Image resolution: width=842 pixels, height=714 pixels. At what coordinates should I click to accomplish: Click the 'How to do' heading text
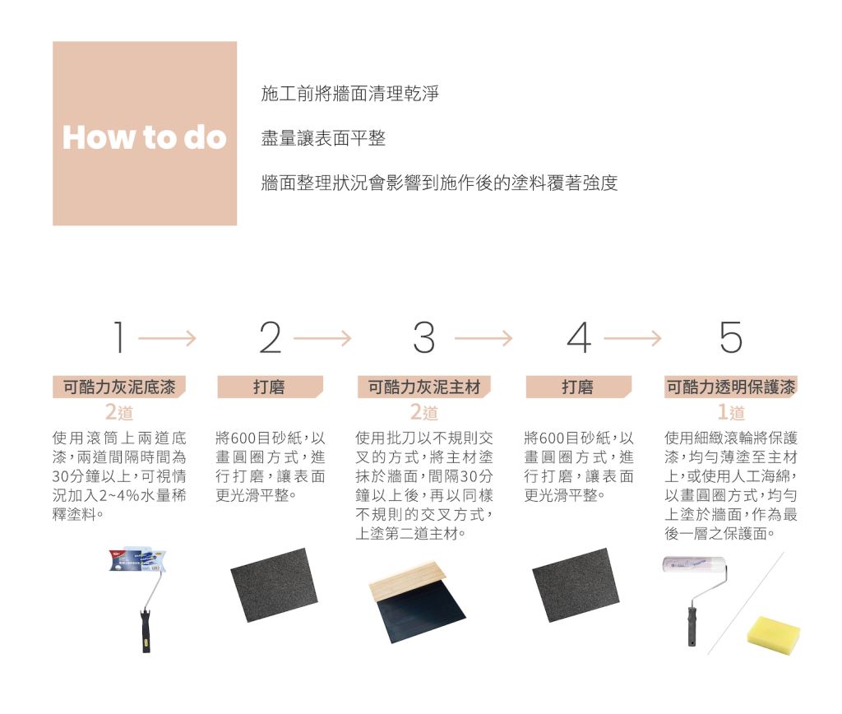click(x=145, y=137)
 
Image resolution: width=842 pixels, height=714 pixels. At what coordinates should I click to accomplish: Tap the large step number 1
click(x=119, y=337)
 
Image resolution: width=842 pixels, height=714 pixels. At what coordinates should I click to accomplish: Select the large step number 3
click(x=424, y=337)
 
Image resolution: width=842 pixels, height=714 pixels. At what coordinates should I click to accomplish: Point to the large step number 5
click(x=731, y=337)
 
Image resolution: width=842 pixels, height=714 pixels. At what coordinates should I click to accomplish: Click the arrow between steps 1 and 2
click(x=168, y=338)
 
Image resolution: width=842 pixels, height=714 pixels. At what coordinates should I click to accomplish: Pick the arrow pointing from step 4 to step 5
click(x=632, y=338)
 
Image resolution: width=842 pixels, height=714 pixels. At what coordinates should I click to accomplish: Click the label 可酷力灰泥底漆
click(x=119, y=387)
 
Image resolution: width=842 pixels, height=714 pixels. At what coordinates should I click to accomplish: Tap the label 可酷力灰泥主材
click(x=424, y=387)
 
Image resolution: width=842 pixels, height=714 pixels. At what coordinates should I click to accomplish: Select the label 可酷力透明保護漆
click(x=731, y=387)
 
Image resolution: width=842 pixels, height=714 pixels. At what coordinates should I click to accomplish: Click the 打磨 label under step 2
click(x=269, y=387)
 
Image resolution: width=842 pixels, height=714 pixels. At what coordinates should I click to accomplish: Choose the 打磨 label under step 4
click(x=578, y=387)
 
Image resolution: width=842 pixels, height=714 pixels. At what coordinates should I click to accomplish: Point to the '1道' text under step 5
click(x=731, y=412)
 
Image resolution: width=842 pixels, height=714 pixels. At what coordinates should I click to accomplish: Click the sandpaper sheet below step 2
click(x=275, y=585)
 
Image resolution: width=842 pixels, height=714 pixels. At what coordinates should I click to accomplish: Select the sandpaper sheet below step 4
click(x=576, y=585)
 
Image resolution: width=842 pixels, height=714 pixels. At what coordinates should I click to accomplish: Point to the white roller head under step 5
click(x=694, y=564)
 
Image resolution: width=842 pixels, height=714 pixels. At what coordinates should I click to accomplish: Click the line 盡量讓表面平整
click(x=323, y=139)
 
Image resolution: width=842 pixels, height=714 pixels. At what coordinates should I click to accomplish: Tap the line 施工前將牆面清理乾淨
click(x=349, y=94)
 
